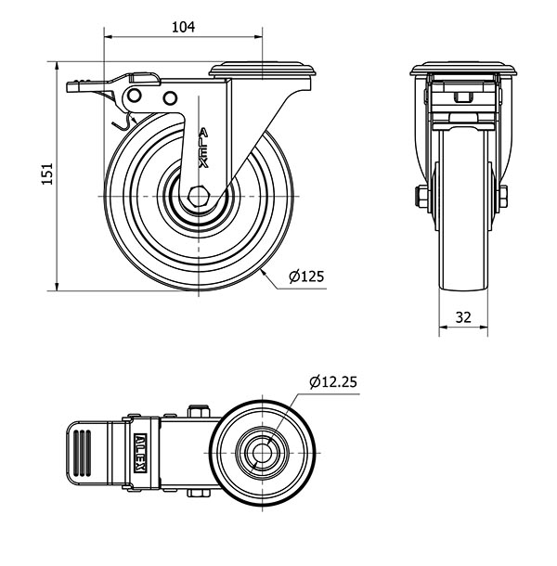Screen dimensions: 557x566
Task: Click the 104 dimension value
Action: (183, 27)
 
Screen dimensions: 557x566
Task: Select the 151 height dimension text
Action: (47, 174)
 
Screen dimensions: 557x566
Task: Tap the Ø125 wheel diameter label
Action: (306, 277)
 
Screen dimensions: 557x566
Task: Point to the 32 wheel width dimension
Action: (463, 317)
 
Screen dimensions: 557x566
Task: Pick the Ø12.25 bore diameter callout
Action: (333, 381)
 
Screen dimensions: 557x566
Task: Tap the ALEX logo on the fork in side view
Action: (204, 148)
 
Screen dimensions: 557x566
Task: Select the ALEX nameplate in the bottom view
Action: (140, 453)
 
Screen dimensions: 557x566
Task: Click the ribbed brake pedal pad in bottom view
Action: (82, 453)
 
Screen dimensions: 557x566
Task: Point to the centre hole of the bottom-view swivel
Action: (262, 453)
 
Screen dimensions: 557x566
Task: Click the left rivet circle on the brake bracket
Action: (134, 96)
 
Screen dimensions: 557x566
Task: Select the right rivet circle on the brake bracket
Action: (169, 98)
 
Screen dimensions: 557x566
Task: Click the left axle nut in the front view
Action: (421, 197)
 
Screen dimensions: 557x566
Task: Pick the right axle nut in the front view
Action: (503, 197)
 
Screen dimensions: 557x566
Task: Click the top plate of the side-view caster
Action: (262, 70)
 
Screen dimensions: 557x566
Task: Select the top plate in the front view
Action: (463, 70)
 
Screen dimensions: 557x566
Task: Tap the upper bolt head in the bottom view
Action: (199, 411)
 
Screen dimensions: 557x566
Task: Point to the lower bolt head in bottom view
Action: (199, 493)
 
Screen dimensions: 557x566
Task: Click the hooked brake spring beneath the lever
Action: (123, 122)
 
